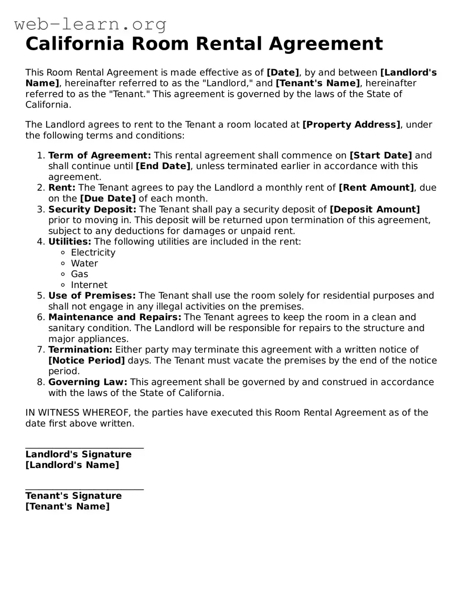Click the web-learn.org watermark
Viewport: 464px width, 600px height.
tap(90, 24)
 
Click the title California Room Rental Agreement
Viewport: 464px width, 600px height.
tap(204, 44)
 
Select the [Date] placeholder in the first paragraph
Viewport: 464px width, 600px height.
tap(283, 73)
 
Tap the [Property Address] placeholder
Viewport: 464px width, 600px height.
tap(351, 125)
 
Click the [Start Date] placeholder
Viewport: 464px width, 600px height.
tap(381, 156)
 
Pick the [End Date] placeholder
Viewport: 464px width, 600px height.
tap(163, 166)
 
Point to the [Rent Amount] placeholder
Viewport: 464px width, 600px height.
tap(376, 188)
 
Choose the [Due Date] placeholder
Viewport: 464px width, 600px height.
tap(108, 198)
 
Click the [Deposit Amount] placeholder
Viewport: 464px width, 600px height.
tap(375, 209)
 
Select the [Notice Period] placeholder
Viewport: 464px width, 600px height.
tap(86, 361)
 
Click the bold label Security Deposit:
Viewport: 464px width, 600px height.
tap(92, 209)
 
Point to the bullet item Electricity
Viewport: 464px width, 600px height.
tap(93, 253)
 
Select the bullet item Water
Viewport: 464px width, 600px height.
tap(84, 264)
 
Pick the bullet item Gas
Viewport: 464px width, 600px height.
tap(79, 274)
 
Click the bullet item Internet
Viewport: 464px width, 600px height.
tap(89, 285)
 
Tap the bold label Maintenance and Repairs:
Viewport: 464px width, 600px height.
tap(115, 317)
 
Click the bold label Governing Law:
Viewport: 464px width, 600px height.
tap(88, 383)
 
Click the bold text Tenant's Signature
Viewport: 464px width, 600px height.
tap(73, 496)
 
